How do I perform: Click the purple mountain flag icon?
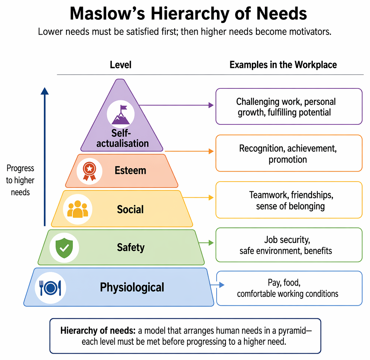point(121,114)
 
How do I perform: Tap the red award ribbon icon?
point(90,171)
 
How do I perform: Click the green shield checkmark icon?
point(64,248)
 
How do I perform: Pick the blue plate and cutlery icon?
point(50,288)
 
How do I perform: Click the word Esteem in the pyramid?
point(130,171)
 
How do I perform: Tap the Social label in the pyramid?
point(130,210)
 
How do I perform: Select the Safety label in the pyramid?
point(131,248)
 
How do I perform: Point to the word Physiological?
point(132,288)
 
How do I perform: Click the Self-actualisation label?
point(122,138)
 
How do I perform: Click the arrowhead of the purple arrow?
point(211,105)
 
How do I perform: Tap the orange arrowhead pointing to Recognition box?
point(211,151)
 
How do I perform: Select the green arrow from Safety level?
point(206,243)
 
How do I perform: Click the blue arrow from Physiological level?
point(217,285)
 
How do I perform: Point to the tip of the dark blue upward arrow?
point(45,88)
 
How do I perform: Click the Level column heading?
point(121,65)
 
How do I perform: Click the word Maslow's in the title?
point(107,14)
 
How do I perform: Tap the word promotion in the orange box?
point(288,160)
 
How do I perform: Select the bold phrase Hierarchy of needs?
point(98,331)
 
